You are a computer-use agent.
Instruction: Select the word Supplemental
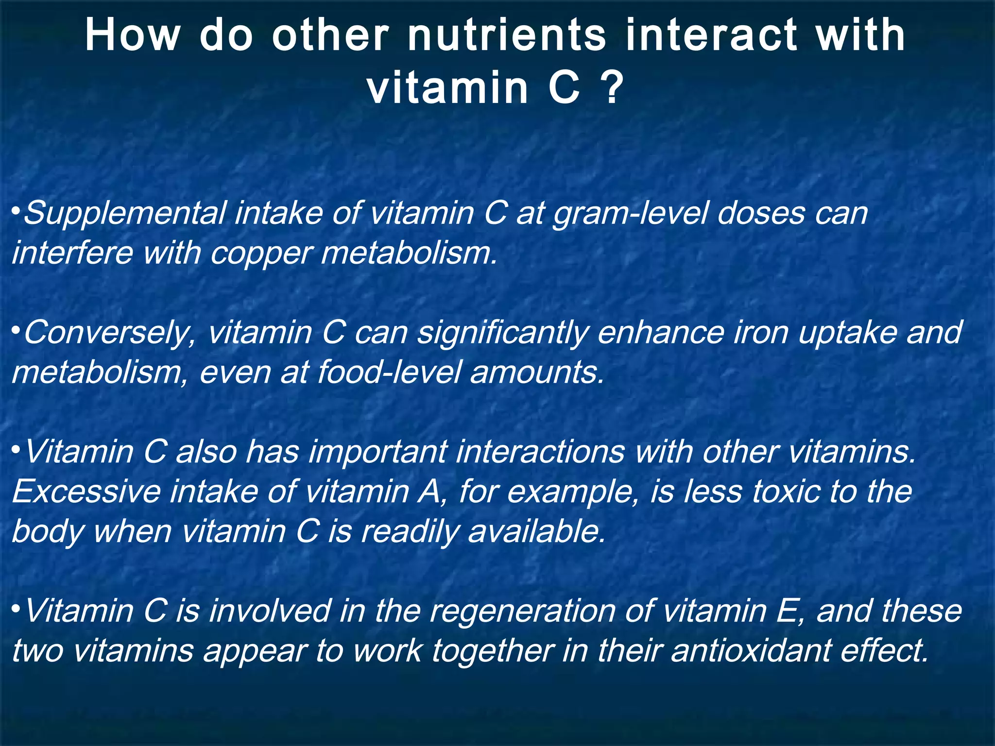coord(125,214)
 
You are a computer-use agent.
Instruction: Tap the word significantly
coord(503,334)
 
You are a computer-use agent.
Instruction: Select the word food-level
coord(389,373)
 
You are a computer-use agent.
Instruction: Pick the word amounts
coord(537,373)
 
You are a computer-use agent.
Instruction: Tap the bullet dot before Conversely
coord(16,330)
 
